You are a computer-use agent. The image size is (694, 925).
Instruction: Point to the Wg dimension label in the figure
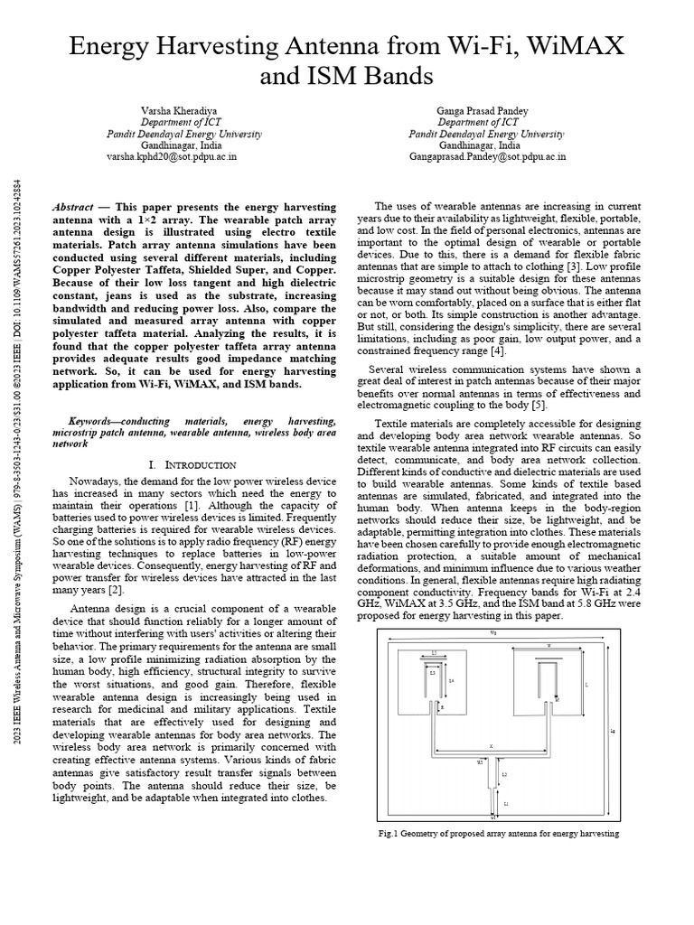tap(492, 633)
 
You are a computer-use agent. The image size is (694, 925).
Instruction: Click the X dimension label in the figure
tap(491, 746)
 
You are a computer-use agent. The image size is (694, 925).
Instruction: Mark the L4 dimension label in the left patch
tap(451, 680)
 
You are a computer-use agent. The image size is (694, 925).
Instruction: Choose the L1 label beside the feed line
tap(506, 802)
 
